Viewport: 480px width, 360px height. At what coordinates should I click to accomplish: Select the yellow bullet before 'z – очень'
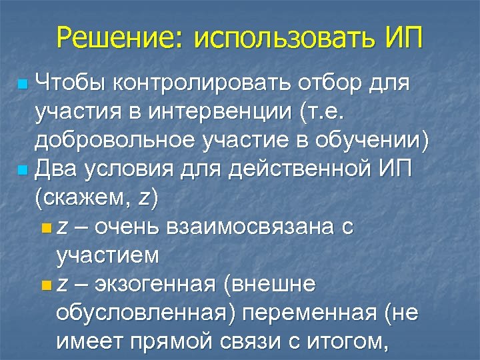pyautogui.click(x=45, y=228)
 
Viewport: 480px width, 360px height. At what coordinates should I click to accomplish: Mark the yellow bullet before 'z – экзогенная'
pyautogui.click(x=45, y=285)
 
